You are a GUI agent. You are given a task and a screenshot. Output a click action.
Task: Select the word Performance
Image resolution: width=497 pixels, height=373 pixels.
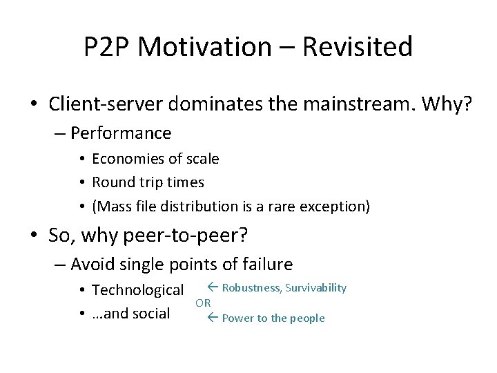click(121, 132)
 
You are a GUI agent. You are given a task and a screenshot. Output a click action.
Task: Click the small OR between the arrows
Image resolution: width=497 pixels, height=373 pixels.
click(203, 303)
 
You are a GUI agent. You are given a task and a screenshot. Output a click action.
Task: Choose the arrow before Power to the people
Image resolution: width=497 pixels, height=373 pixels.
click(213, 318)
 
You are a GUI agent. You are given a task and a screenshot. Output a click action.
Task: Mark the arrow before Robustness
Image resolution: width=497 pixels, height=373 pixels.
click(213, 287)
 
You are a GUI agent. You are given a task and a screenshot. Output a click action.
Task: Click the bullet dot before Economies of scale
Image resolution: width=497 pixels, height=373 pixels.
click(82, 160)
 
